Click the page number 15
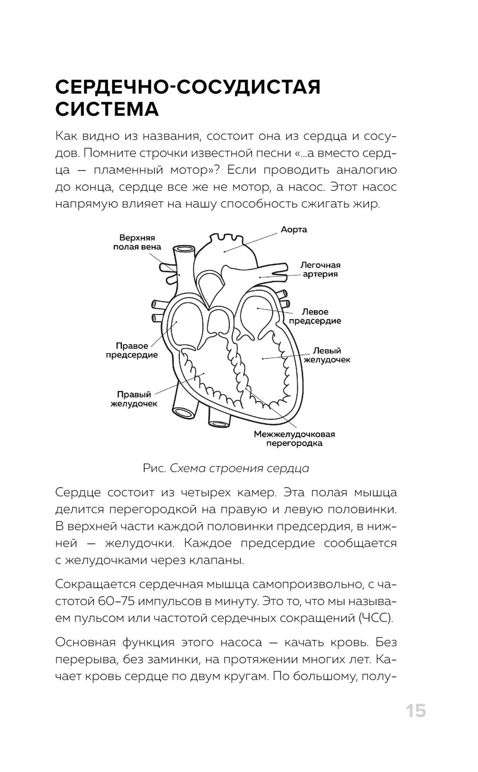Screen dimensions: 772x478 [x=415, y=711]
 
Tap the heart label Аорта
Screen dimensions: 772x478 [x=293, y=230]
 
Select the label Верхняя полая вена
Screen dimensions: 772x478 [x=137, y=243]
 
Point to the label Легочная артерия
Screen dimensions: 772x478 [x=320, y=270]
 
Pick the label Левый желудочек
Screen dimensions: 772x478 [x=327, y=355]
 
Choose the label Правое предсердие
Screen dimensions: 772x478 [x=132, y=350]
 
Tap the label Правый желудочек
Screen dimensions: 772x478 [x=134, y=399]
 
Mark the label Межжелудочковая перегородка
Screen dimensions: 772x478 [x=294, y=439]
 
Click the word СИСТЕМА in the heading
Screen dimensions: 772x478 [x=107, y=109]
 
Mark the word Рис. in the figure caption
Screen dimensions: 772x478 [x=154, y=468]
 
